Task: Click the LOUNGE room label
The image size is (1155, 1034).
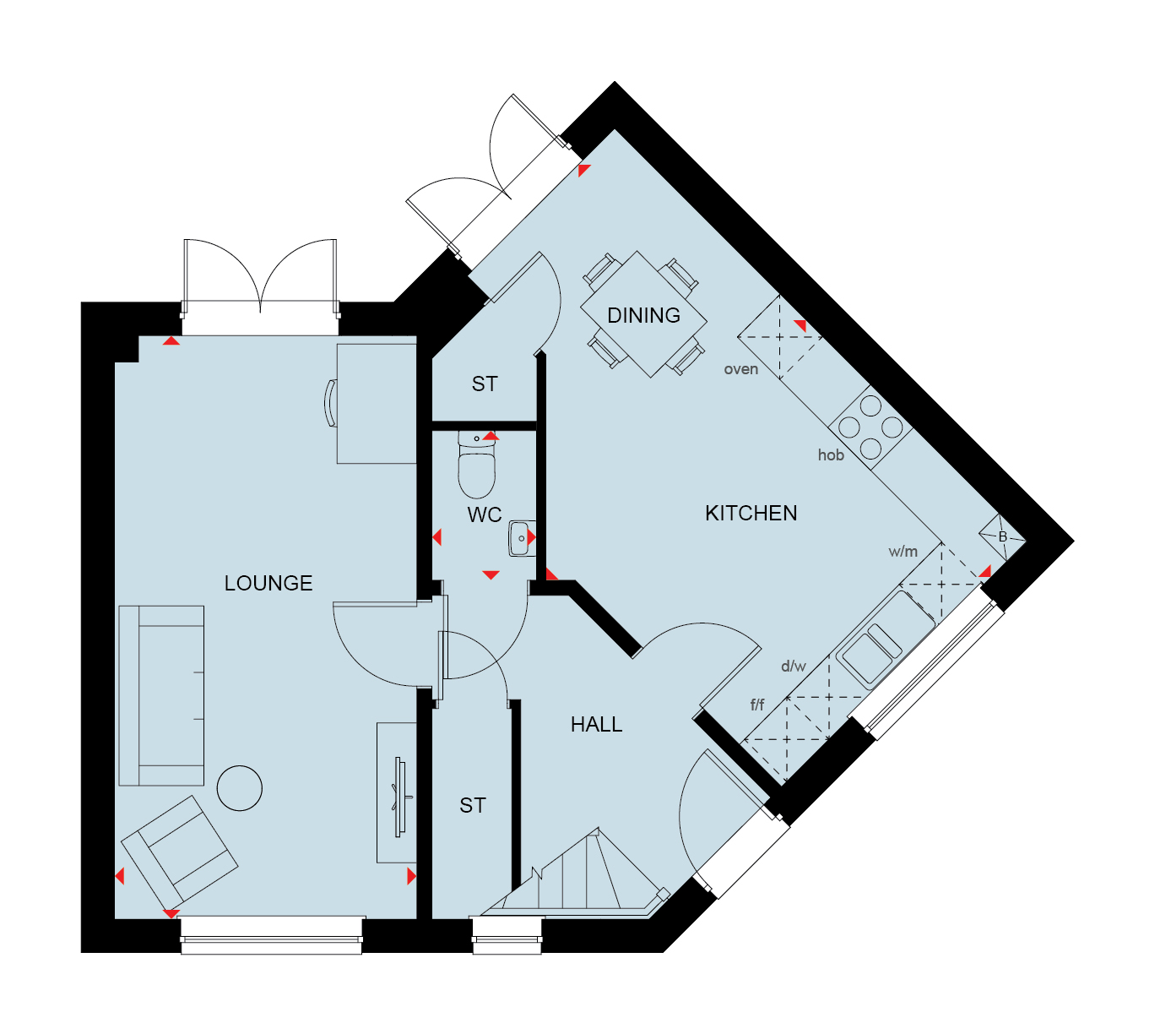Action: click(x=268, y=583)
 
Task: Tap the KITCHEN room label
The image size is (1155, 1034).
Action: click(x=751, y=514)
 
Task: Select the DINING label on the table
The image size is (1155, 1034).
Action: click(x=643, y=315)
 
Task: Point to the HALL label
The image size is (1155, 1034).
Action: click(x=596, y=724)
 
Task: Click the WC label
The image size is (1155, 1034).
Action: click(x=485, y=515)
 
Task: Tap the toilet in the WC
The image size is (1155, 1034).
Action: click(x=476, y=465)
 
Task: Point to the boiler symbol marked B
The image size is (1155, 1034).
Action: click(x=1003, y=536)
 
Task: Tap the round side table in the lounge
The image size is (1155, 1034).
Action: click(x=240, y=788)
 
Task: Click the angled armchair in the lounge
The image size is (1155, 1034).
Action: click(x=179, y=852)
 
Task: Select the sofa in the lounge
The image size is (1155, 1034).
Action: click(x=161, y=696)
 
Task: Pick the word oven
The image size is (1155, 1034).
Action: click(x=741, y=369)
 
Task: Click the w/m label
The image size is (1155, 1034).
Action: click(x=903, y=552)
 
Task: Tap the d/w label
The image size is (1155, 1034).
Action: click(x=794, y=666)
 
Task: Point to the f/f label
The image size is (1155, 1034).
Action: click(x=757, y=705)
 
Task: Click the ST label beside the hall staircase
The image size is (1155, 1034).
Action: click(x=473, y=805)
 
